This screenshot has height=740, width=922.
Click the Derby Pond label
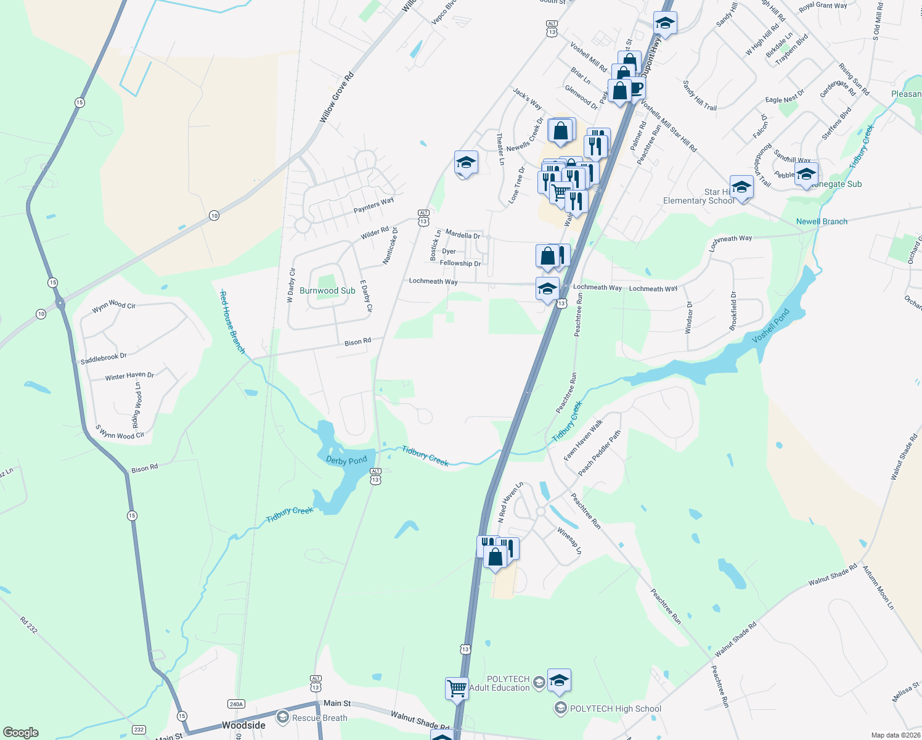[x=346, y=461]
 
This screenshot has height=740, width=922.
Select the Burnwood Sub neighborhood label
[x=327, y=290]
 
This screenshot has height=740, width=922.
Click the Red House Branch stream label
[x=233, y=323]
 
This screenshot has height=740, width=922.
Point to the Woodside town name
[x=243, y=725]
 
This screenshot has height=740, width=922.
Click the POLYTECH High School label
[x=615, y=709]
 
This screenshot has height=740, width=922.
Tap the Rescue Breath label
[x=319, y=718]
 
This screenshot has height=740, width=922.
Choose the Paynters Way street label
[x=373, y=205]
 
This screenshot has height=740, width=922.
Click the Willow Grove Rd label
[x=337, y=97]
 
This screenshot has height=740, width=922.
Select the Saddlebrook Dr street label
[x=104, y=358]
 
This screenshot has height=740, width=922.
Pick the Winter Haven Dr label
[x=129, y=376]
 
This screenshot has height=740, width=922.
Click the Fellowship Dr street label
[x=460, y=263]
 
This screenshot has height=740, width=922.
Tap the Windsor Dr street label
[x=689, y=317]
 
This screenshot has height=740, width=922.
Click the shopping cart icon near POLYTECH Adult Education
[x=457, y=687]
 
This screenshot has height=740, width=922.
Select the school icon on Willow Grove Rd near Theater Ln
[x=466, y=163]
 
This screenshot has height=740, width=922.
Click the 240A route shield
[x=236, y=704]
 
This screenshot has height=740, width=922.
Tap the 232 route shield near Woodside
[x=139, y=730]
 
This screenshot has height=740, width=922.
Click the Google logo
[x=21, y=733]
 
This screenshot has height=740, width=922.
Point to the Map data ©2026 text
[x=895, y=735]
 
